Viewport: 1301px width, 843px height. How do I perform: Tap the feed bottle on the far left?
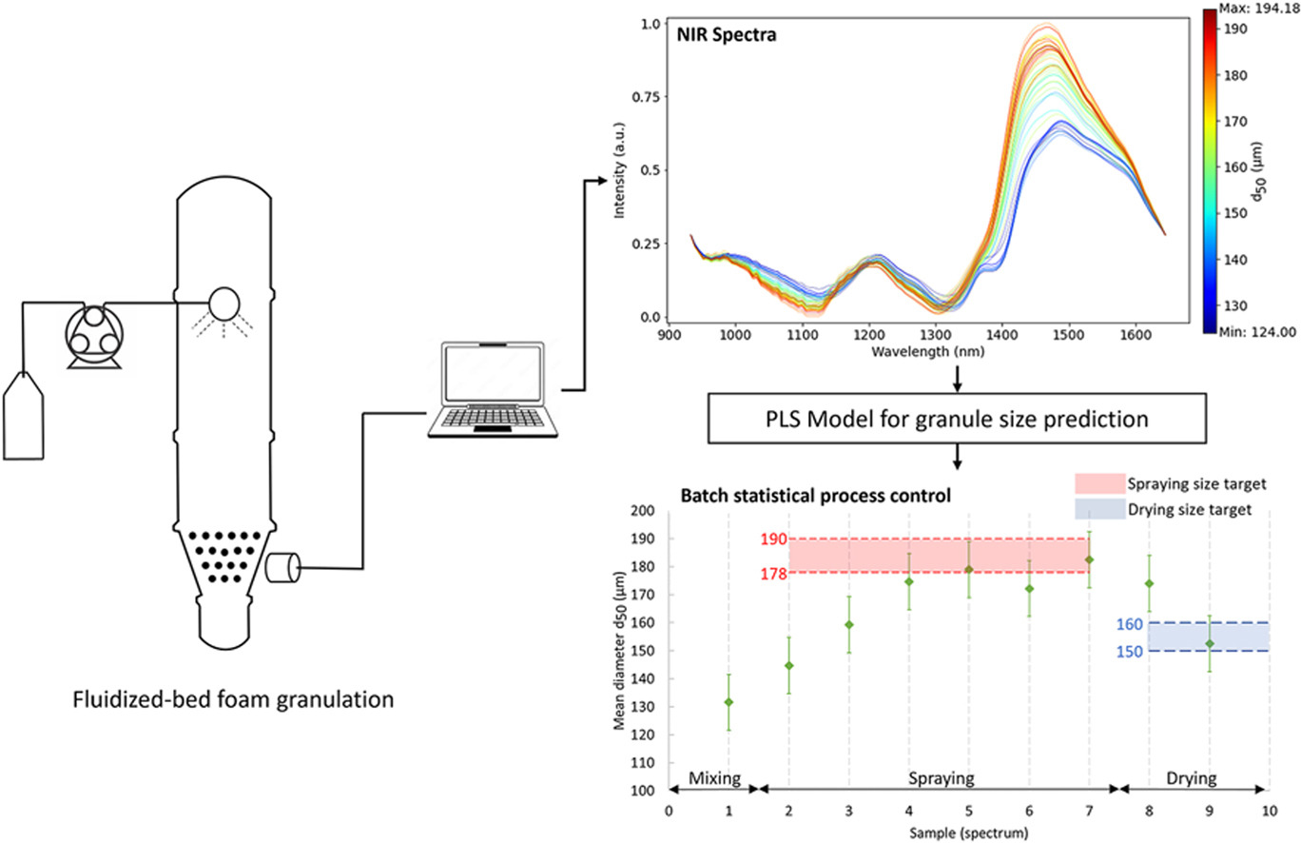[x=29, y=428]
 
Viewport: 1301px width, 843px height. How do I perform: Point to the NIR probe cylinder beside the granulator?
[x=282, y=569]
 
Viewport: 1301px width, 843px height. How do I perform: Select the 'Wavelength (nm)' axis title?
[x=927, y=351]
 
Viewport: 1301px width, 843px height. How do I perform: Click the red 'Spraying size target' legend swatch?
[x=1098, y=483]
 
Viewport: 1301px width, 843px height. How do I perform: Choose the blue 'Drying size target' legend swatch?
[x=1098, y=510]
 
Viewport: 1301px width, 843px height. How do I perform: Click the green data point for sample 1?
[x=728, y=702]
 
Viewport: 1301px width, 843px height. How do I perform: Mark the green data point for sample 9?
[x=1209, y=644]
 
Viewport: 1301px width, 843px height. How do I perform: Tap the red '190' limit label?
[x=772, y=539]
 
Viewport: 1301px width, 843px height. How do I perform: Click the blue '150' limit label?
[x=1132, y=651]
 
